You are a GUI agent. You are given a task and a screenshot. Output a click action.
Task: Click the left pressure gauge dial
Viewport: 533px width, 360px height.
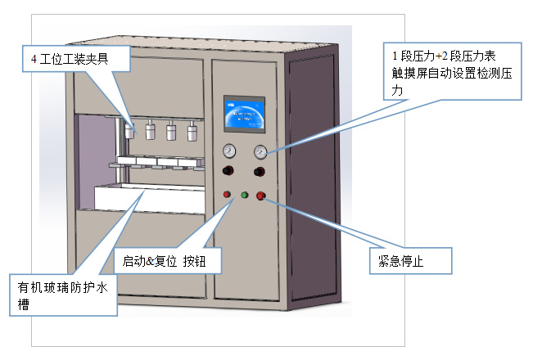click(x=228, y=151)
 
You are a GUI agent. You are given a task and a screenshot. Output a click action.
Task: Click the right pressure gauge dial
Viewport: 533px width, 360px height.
click(x=260, y=151)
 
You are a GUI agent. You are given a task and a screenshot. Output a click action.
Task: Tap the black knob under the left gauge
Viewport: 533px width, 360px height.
click(x=228, y=172)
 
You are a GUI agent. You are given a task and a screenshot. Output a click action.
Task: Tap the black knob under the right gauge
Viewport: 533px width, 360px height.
click(x=260, y=172)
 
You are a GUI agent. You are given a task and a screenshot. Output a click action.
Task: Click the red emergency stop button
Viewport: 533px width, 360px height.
click(x=261, y=196)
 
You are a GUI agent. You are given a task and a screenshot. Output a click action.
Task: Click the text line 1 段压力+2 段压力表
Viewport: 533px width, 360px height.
click(x=443, y=56)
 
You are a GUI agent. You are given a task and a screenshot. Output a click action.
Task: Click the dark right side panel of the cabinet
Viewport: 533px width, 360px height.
click(x=312, y=180)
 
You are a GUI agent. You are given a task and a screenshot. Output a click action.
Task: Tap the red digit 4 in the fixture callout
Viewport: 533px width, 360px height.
click(x=33, y=59)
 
